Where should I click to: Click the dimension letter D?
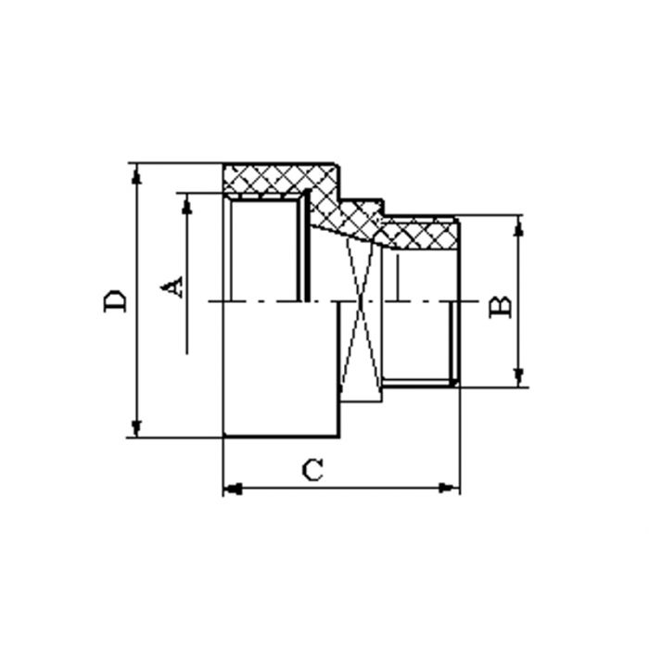[x=116, y=300]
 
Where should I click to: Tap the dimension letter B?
[x=500, y=307]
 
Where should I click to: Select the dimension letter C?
[x=314, y=470]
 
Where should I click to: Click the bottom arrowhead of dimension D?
[x=136, y=427]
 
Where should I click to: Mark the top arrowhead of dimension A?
[x=187, y=204]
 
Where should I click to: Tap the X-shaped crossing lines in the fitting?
[x=361, y=302]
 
